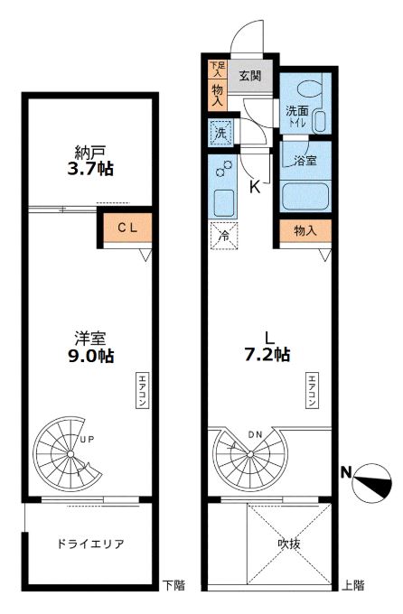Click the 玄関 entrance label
pos(250,76)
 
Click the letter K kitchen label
pos(255,187)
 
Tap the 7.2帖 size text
pos(267,354)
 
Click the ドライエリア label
pos(89,544)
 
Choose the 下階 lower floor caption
pos(173,586)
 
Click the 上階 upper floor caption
pos(353,586)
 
